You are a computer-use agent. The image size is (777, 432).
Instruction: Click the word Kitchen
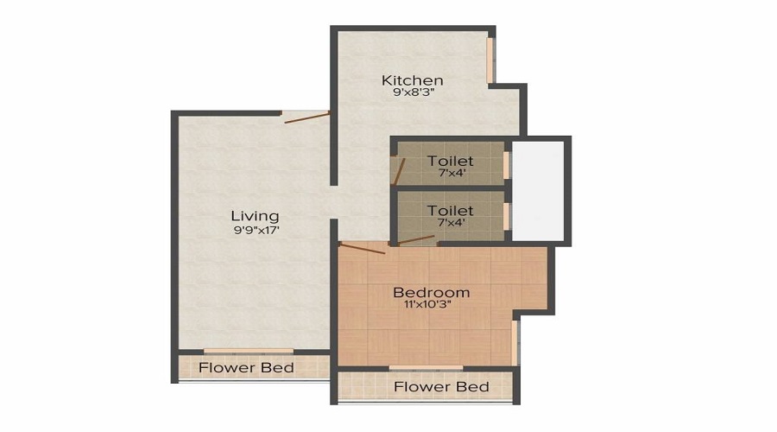(413, 81)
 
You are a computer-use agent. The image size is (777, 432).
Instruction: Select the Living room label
(255, 216)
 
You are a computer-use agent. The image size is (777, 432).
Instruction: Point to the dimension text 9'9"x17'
(255, 231)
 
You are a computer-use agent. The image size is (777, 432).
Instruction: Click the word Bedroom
(431, 292)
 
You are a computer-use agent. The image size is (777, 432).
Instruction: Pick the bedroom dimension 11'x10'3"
(431, 305)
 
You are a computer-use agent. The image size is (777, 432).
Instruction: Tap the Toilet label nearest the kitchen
(450, 162)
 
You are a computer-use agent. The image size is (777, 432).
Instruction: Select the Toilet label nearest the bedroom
(450, 211)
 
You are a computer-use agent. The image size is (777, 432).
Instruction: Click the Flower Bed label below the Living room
(246, 368)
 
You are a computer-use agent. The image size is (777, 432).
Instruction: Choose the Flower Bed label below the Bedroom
(441, 386)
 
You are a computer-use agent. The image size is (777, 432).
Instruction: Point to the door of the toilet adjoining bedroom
(413, 240)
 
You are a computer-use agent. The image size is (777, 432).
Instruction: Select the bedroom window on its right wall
(515, 342)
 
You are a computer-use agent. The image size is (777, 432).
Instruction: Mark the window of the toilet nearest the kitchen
(507, 163)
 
